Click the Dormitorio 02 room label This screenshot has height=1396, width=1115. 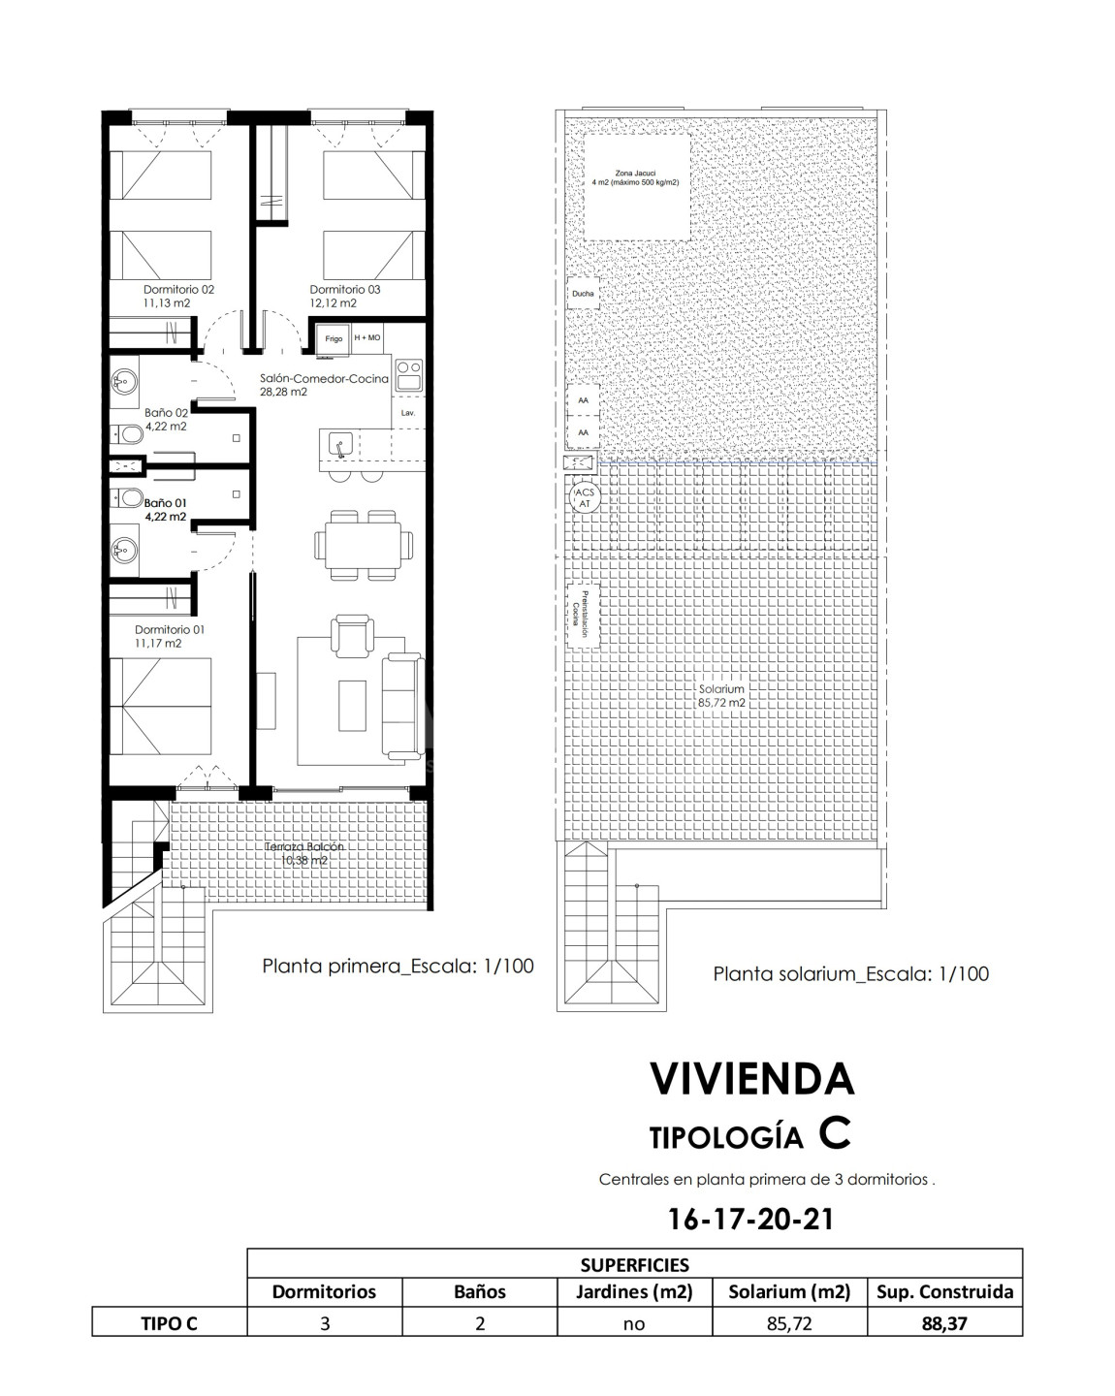tap(178, 289)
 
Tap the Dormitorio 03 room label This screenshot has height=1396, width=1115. tap(344, 289)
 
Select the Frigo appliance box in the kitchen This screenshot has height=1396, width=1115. tap(334, 338)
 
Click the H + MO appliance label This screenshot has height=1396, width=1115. tap(367, 337)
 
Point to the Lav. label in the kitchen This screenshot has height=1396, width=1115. tap(407, 413)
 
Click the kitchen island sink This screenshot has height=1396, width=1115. tap(340, 445)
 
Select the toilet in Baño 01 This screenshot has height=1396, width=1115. tap(129, 497)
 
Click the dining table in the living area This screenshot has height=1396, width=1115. tap(364, 545)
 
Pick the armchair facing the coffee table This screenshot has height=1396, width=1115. tap(352, 636)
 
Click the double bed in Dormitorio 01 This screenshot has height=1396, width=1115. tap(160, 707)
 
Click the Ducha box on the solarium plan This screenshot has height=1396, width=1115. tap(583, 294)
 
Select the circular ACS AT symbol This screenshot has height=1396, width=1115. tap(585, 497)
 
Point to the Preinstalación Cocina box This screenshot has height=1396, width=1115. tap(583, 616)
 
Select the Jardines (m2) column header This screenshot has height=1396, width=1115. tap(634, 1291)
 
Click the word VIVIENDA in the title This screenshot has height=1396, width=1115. tap(751, 1079)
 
